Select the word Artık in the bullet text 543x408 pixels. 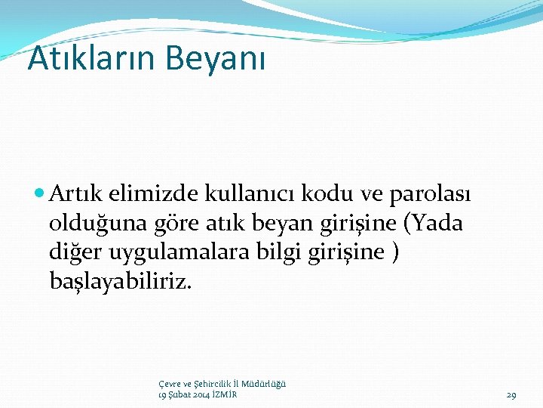pyautogui.click(x=75, y=195)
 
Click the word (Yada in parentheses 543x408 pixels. pyautogui.click(x=430, y=224)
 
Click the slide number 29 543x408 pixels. pyautogui.click(x=511, y=395)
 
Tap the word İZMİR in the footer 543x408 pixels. pyautogui.click(x=224, y=395)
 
